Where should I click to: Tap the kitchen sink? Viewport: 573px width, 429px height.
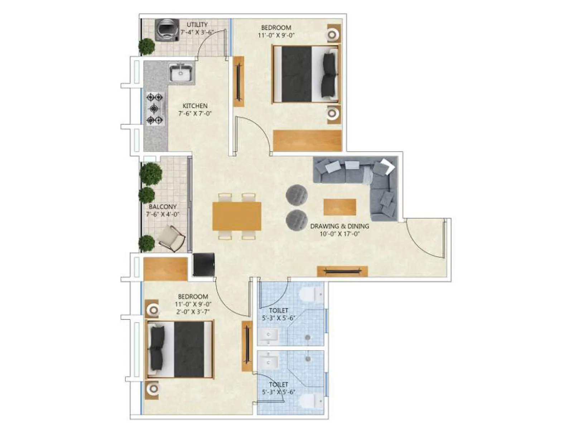[x=181, y=74]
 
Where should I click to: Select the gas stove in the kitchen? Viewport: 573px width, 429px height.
[x=155, y=108]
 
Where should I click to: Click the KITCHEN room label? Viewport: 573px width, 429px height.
[x=195, y=106]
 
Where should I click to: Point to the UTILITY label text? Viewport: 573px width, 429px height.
[x=197, y=25]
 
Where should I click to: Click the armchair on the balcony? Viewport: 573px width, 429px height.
[x=172, y=238]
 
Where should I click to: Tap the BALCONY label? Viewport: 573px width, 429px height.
[x=163, y=207]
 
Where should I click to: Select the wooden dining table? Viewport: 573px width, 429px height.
[x=237, y=216]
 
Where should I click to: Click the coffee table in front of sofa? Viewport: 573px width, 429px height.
[x=340, y=207]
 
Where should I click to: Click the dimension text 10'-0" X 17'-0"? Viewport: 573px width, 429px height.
[x=340, y=234]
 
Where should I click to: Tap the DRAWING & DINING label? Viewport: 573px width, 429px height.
[x=340, y=226]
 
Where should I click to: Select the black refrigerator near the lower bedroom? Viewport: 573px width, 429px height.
[x=204, y=265]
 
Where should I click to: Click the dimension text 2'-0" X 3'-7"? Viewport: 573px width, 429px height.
[x=193, y=311]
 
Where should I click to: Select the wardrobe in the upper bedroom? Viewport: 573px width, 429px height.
[x=307, y=140]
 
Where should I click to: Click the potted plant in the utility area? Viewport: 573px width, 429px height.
[x=147, y=46]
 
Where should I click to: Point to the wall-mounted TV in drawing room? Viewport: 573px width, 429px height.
[x=342, y=271]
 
